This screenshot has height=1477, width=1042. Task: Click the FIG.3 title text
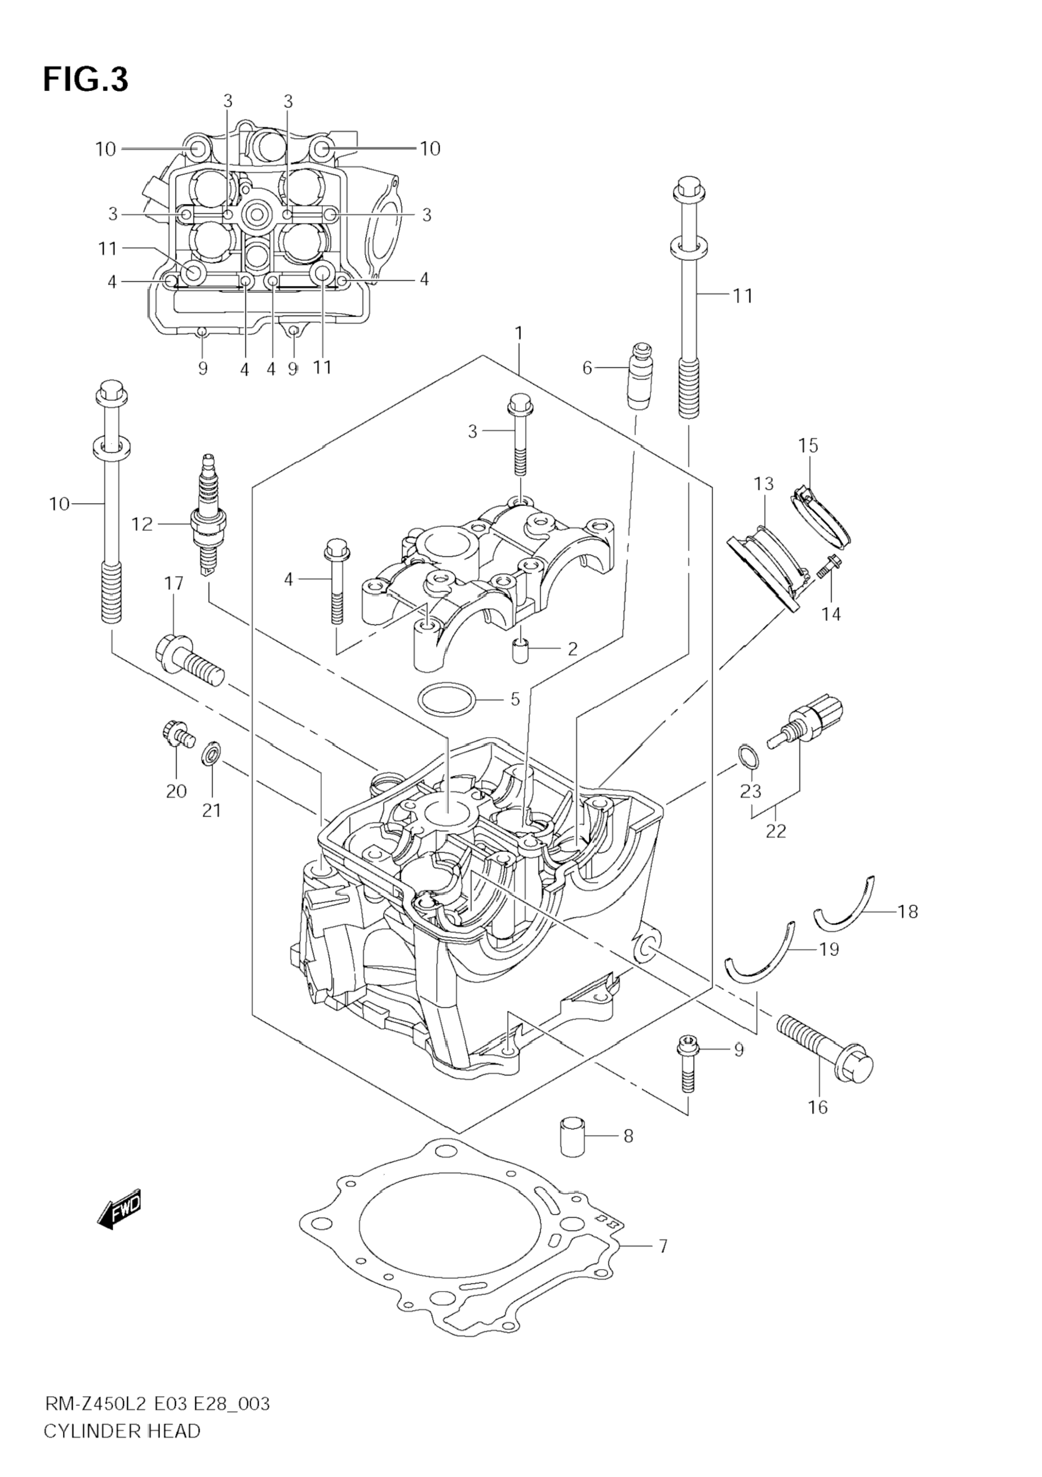[x=85, y=80]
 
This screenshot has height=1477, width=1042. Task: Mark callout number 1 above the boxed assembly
[x=519, y=333]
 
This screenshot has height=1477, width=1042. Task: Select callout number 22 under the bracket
[x=776, y=831]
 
